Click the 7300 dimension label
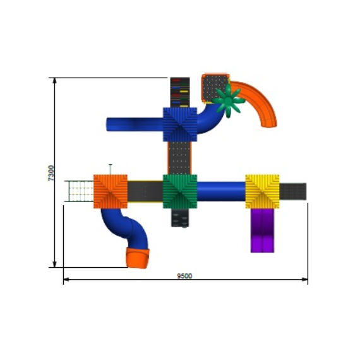(51, 173)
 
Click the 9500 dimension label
(184, 275)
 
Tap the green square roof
(180, 191)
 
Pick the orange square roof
(111, 191)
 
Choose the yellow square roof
(262, 191)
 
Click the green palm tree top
(227, 101)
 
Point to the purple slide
(262, 231)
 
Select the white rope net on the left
(80, 191)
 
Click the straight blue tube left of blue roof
(134, 124)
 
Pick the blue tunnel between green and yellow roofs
(221, 191)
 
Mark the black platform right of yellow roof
(293, 191)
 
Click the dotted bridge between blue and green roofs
(179, 157)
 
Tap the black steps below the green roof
(179, 218)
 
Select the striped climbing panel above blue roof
(179, 92)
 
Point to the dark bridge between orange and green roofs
(145, 191)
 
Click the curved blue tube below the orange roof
(126, 229)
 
